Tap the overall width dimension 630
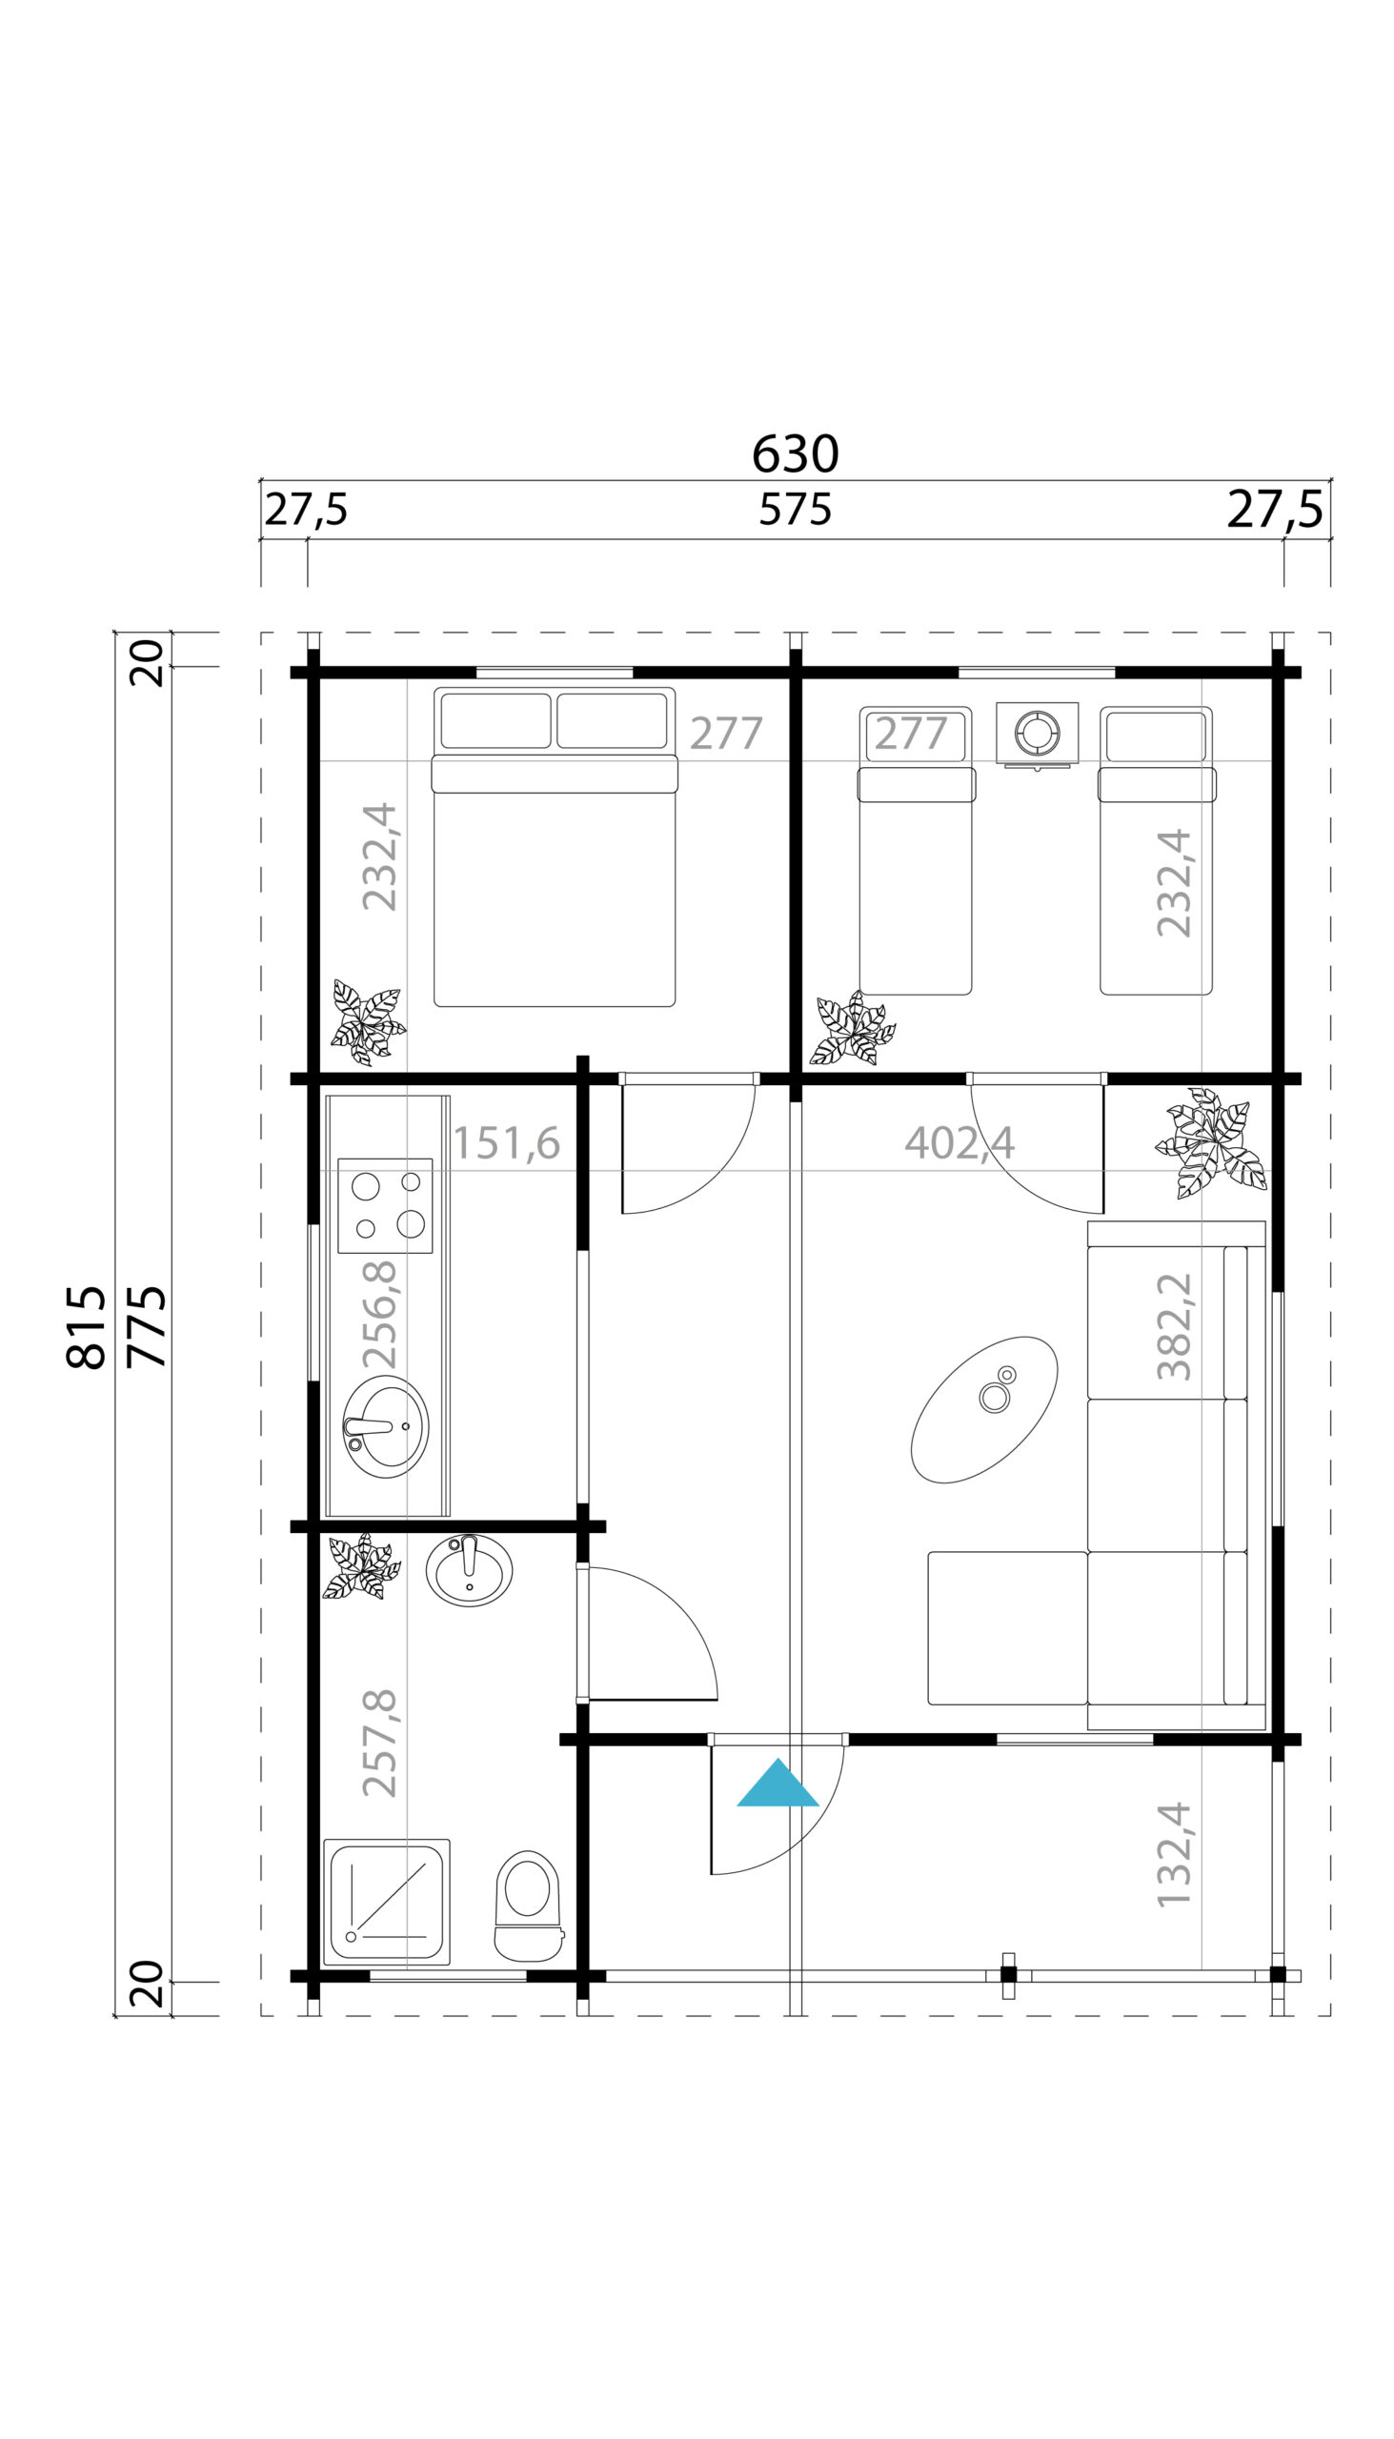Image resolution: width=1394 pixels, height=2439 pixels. pos(795,454)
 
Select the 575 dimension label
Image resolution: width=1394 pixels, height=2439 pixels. pos(795,510)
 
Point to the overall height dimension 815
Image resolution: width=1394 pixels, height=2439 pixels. pos(86,1327)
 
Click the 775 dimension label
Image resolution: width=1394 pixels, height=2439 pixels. pos(147,1327)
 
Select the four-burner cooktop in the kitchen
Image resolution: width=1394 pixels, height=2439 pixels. pos(385,1206)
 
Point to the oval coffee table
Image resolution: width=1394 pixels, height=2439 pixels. pos(984,1410)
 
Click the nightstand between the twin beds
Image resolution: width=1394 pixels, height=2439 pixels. pos(1037,736)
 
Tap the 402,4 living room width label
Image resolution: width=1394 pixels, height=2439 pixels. pos(960,1142)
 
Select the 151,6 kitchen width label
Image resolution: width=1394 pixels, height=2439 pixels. pos(507,1142)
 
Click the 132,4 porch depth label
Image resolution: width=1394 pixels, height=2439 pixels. pos(1174,1855)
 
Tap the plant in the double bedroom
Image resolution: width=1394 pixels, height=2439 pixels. pos(368,1022)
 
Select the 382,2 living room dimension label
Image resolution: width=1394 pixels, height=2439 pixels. pos(1174,1326)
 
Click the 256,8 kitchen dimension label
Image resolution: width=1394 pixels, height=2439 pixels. pos(379,1314)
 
